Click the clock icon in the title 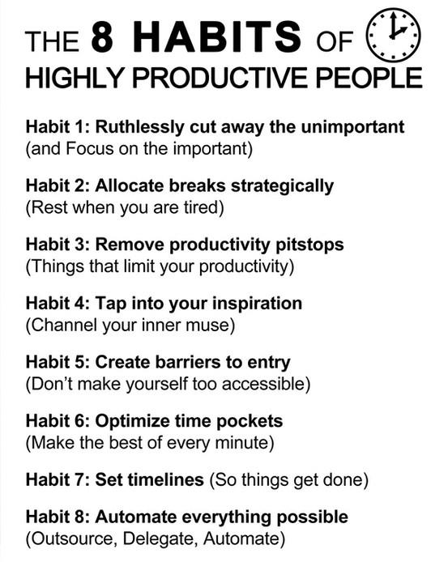coord(393,35)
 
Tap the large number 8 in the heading coord(103,36)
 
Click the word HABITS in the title coord(217,36)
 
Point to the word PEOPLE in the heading coord(369,78)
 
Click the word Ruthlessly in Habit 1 coord(139,128)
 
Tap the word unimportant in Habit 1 coord(352,128)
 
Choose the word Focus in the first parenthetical coord(90,149)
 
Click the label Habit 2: coord(58,185)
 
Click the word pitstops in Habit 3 coord(309,245)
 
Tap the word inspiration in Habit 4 coord(257,304)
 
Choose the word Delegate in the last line coord(160,539)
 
